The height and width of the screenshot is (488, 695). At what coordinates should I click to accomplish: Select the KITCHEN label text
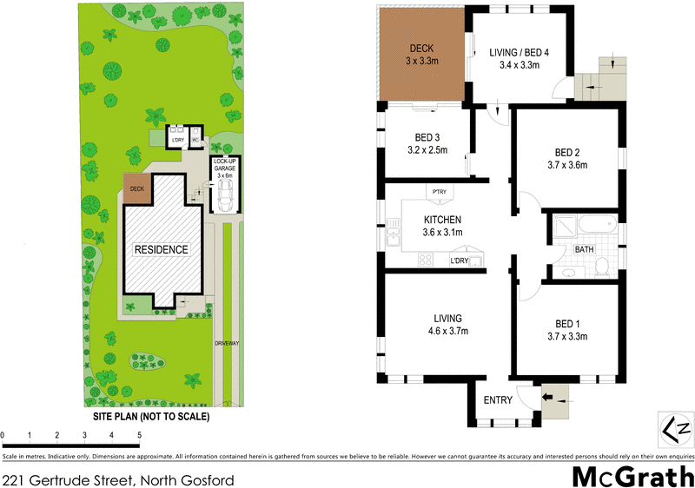tap(442, 220)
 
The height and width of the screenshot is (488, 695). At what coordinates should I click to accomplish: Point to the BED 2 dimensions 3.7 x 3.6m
tap(567, 165)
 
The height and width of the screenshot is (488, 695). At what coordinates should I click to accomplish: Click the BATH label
tap(583, 249)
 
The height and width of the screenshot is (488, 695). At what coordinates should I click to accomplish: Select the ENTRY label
tap(498, 400)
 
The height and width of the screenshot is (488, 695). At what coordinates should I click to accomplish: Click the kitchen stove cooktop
tap(427, 259)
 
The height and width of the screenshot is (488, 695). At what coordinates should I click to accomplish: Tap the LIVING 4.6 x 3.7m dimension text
tap(449, 331)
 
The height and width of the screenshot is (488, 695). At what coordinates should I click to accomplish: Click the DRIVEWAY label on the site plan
tap(227, 344)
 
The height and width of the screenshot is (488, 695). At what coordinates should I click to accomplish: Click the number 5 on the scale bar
tap(139, 434)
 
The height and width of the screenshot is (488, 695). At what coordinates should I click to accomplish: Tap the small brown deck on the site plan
tap(136, 188)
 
